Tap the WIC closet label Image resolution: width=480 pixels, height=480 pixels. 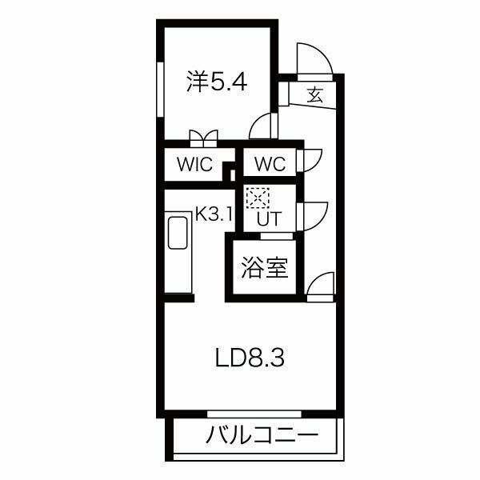pyautogui.click(x=194, y=166)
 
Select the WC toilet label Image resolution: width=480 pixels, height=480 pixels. pyautogui.click(x=270, y=166)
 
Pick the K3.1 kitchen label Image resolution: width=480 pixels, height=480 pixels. pyautogui.click(x=214, y=214)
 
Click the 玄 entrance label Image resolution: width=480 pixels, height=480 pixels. pyautogui.click(x=314, y=95)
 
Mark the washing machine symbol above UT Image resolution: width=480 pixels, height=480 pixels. pyautogui.click(x=258, y=197)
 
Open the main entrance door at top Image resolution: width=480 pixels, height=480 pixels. pyautogui.click(x=313, y=58)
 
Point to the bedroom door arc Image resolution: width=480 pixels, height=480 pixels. pyautogui.click(x=262, y=126)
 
